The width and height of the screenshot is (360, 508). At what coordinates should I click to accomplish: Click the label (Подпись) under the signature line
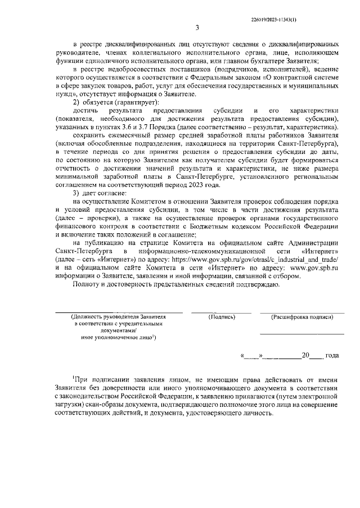221,317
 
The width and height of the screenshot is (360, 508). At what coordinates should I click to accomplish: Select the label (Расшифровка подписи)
301,317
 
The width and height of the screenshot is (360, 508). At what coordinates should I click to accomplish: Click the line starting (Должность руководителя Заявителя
119,317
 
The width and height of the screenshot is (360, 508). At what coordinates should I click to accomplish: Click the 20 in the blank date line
306,355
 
